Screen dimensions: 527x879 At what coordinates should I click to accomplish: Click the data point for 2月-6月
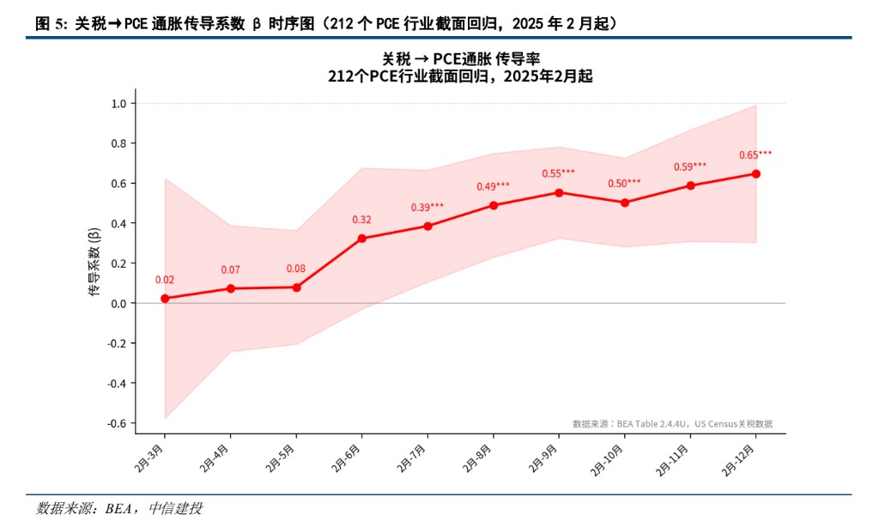tap(361, 238)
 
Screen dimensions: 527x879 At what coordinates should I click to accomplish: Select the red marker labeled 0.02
tap(165, 299)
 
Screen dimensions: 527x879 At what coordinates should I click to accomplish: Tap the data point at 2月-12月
tap(755, 173)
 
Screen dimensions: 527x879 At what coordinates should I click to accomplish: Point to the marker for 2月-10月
tap(624, 203)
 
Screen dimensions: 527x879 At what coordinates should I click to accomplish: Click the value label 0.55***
tap(558, 173)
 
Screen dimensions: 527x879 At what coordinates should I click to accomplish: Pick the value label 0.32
tap(361, 220)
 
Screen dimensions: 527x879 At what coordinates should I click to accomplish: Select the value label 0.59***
tap(689, 167)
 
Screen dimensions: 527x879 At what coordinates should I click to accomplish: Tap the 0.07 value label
tap(230, 270)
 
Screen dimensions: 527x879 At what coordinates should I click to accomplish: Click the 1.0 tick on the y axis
tap(118, 104)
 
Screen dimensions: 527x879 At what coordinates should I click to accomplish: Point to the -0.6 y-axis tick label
tap(117, 423)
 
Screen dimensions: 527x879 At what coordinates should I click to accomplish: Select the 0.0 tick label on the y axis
tap(118, 303)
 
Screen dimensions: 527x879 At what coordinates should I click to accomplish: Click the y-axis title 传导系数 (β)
tap(94, 263)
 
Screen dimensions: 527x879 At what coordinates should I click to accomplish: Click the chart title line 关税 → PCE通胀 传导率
tap(460, 58)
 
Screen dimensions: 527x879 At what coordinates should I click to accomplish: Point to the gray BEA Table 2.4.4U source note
tap(672, 423)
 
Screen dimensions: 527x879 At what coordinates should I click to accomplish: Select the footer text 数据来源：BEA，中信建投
tap(119, 509)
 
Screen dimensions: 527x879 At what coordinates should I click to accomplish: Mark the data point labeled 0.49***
tap(493, 205)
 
